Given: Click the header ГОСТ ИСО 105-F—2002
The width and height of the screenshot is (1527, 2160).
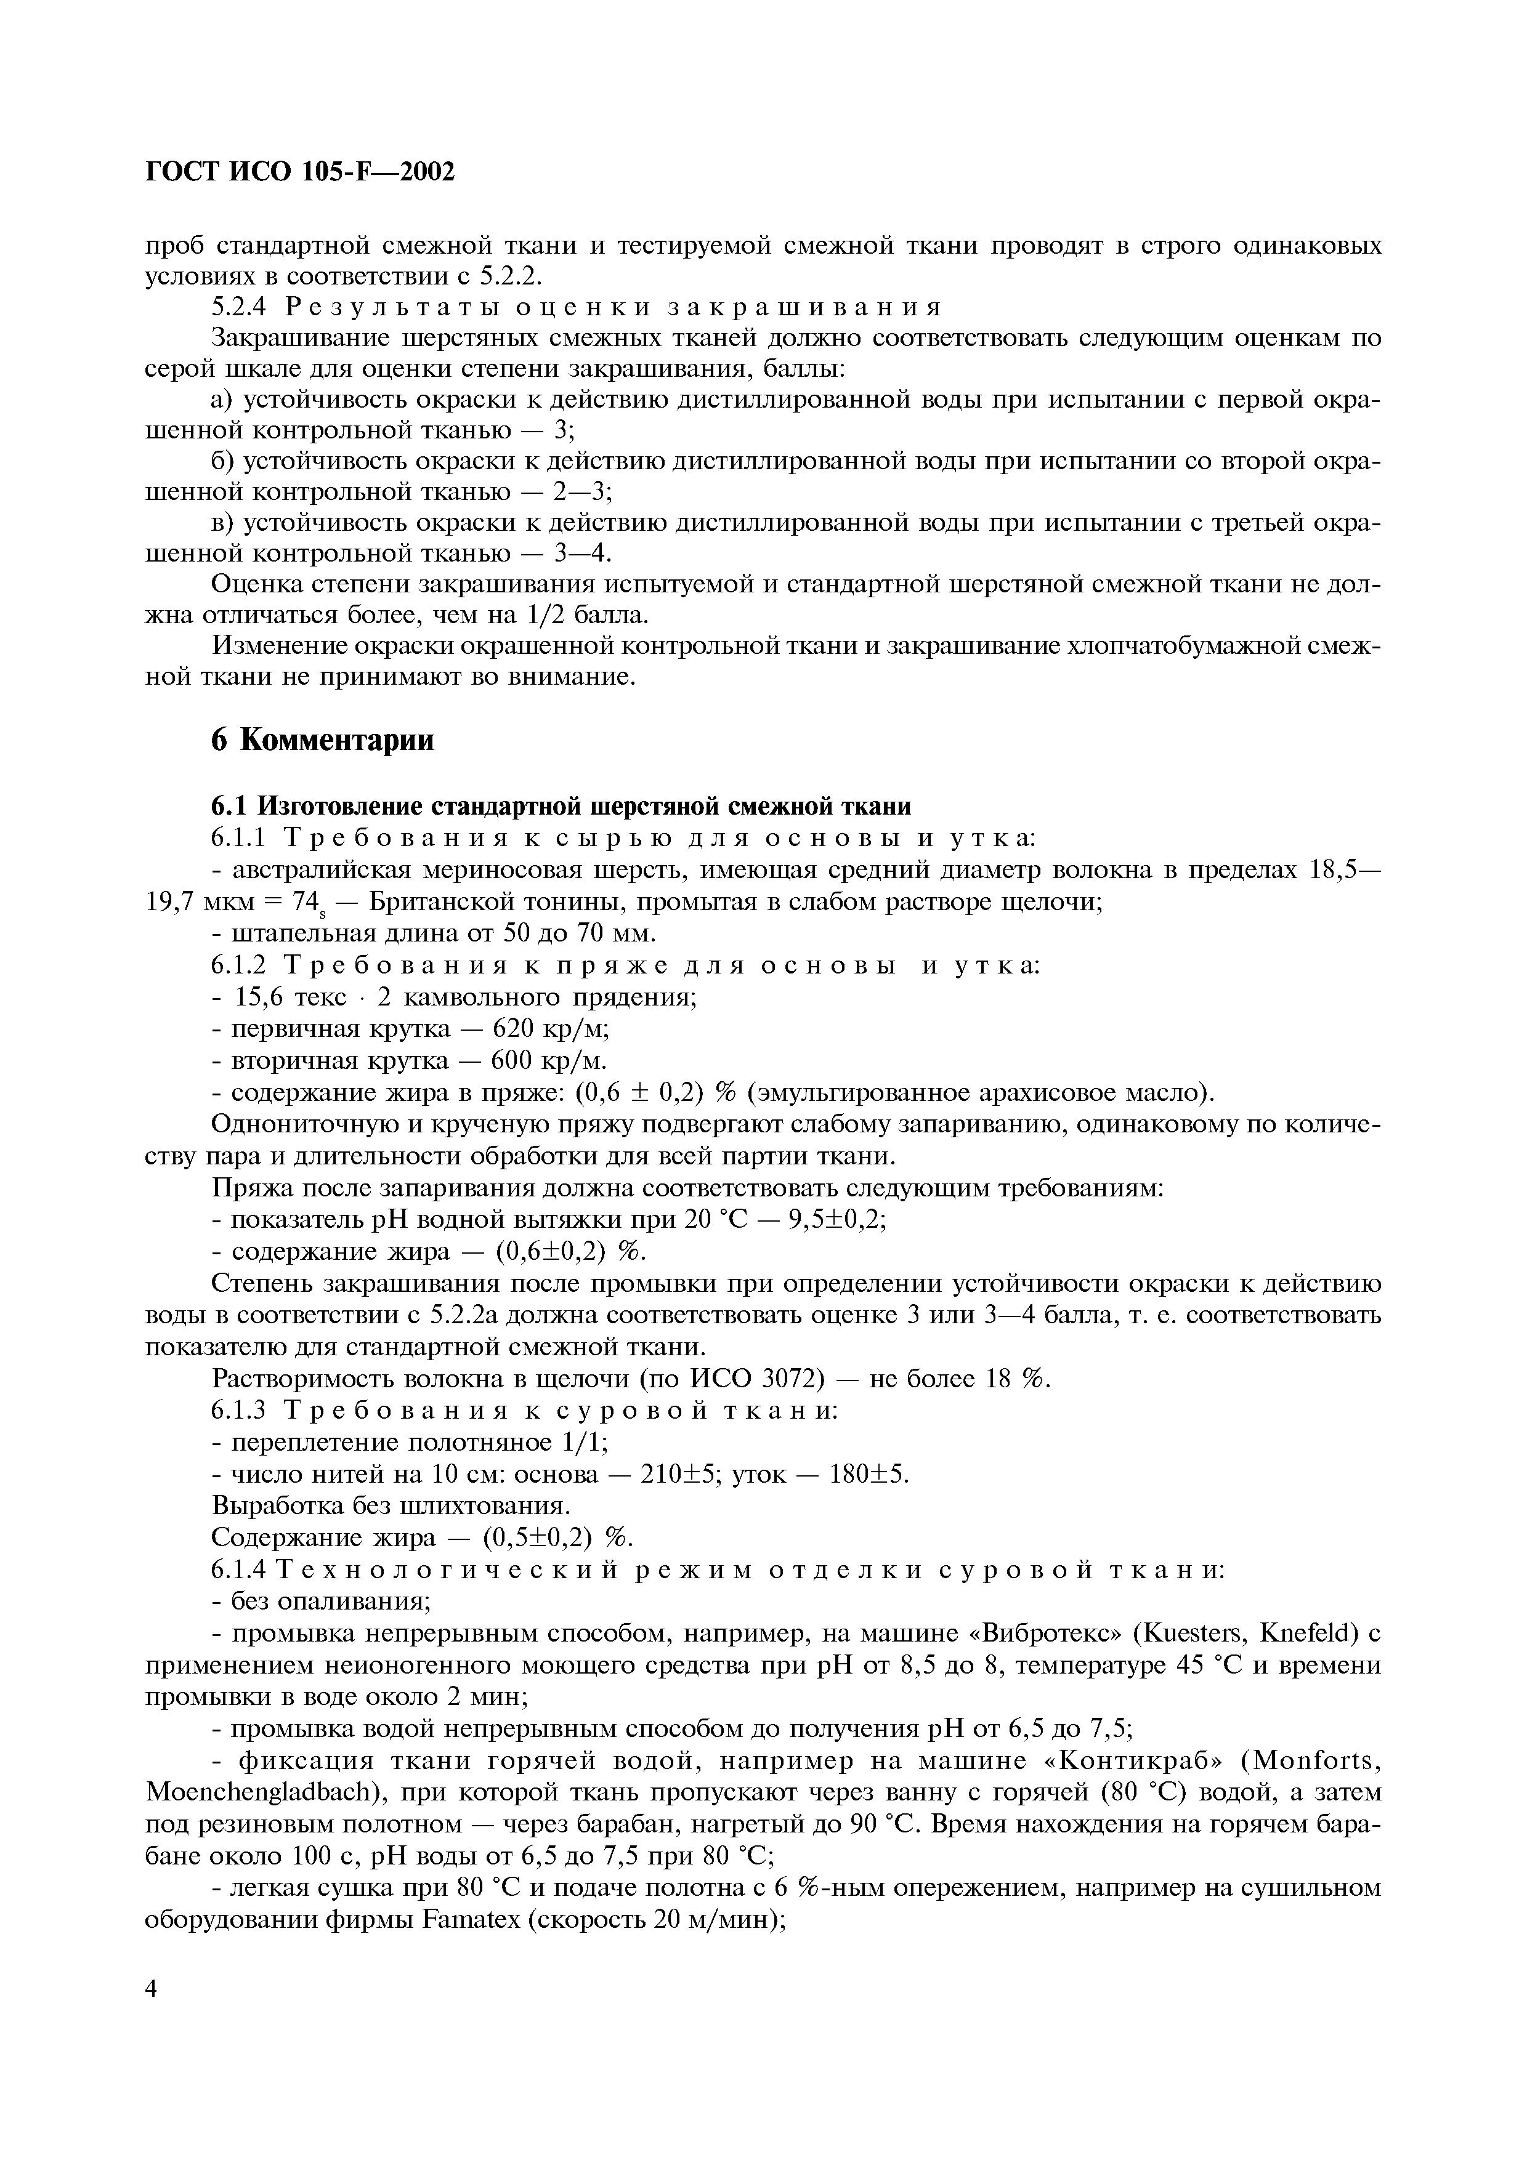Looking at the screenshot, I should click(300, 171).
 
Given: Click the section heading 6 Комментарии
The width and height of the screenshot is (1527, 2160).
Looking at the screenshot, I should click(323, 739).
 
